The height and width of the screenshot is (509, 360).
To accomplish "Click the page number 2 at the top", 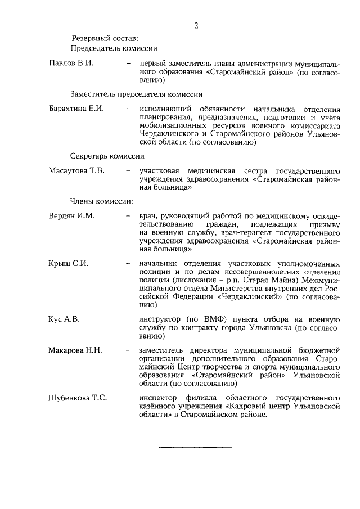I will pos(196,25).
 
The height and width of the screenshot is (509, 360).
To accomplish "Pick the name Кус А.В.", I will pos(65,319).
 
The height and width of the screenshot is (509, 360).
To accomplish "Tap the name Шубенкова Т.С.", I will pos(78,398).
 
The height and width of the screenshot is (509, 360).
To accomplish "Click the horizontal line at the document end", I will pos(196,448).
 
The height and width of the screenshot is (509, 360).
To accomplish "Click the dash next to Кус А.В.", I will pos(129,319).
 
